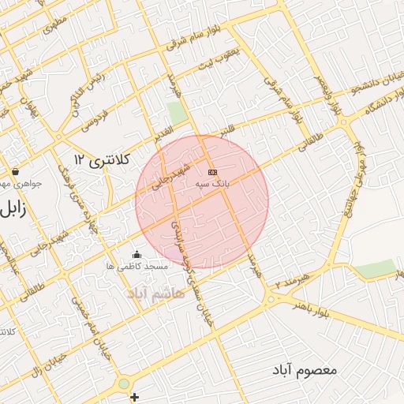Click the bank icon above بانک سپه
(x=212, y=171)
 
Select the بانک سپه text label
(x=212, y=183)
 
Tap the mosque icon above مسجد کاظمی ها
(x=137, y=254)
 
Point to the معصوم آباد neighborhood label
(x=305, y=369)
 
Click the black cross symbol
(x=134, y=397)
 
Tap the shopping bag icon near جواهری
(x=15, y=171)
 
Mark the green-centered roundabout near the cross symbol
(x=124, y=384)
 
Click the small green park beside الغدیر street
(x=178, y=112)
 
